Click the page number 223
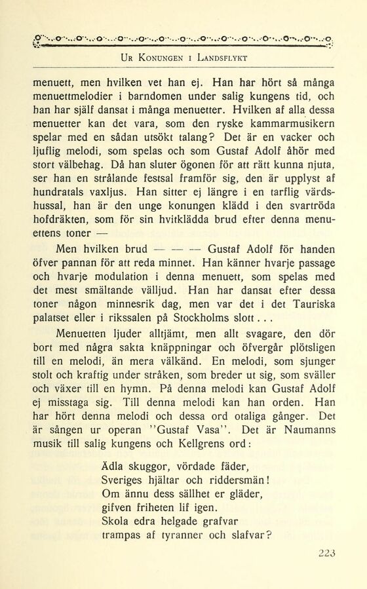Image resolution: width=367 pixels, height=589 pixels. [326, 553]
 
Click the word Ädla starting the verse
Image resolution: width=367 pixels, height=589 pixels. [116, 466]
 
